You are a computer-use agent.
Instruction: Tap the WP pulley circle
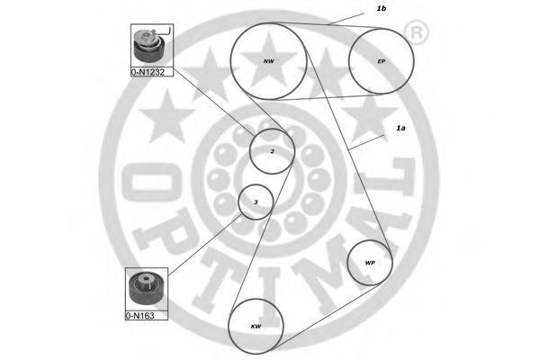tap(370, 263)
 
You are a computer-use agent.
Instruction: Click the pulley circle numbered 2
tap(272, 151)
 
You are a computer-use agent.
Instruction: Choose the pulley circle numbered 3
tap(256, 202)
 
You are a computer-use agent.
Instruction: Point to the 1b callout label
tap(382, 8)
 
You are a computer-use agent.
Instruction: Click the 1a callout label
tap(400, 129)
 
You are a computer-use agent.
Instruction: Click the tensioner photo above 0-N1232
tap(147, 41)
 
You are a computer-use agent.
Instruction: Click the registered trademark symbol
tap(416, 34)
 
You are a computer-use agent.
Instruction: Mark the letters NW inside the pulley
tap(268, 61)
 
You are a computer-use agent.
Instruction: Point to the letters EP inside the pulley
tap(382, 61)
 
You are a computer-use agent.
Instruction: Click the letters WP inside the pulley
tap(370, 264)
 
